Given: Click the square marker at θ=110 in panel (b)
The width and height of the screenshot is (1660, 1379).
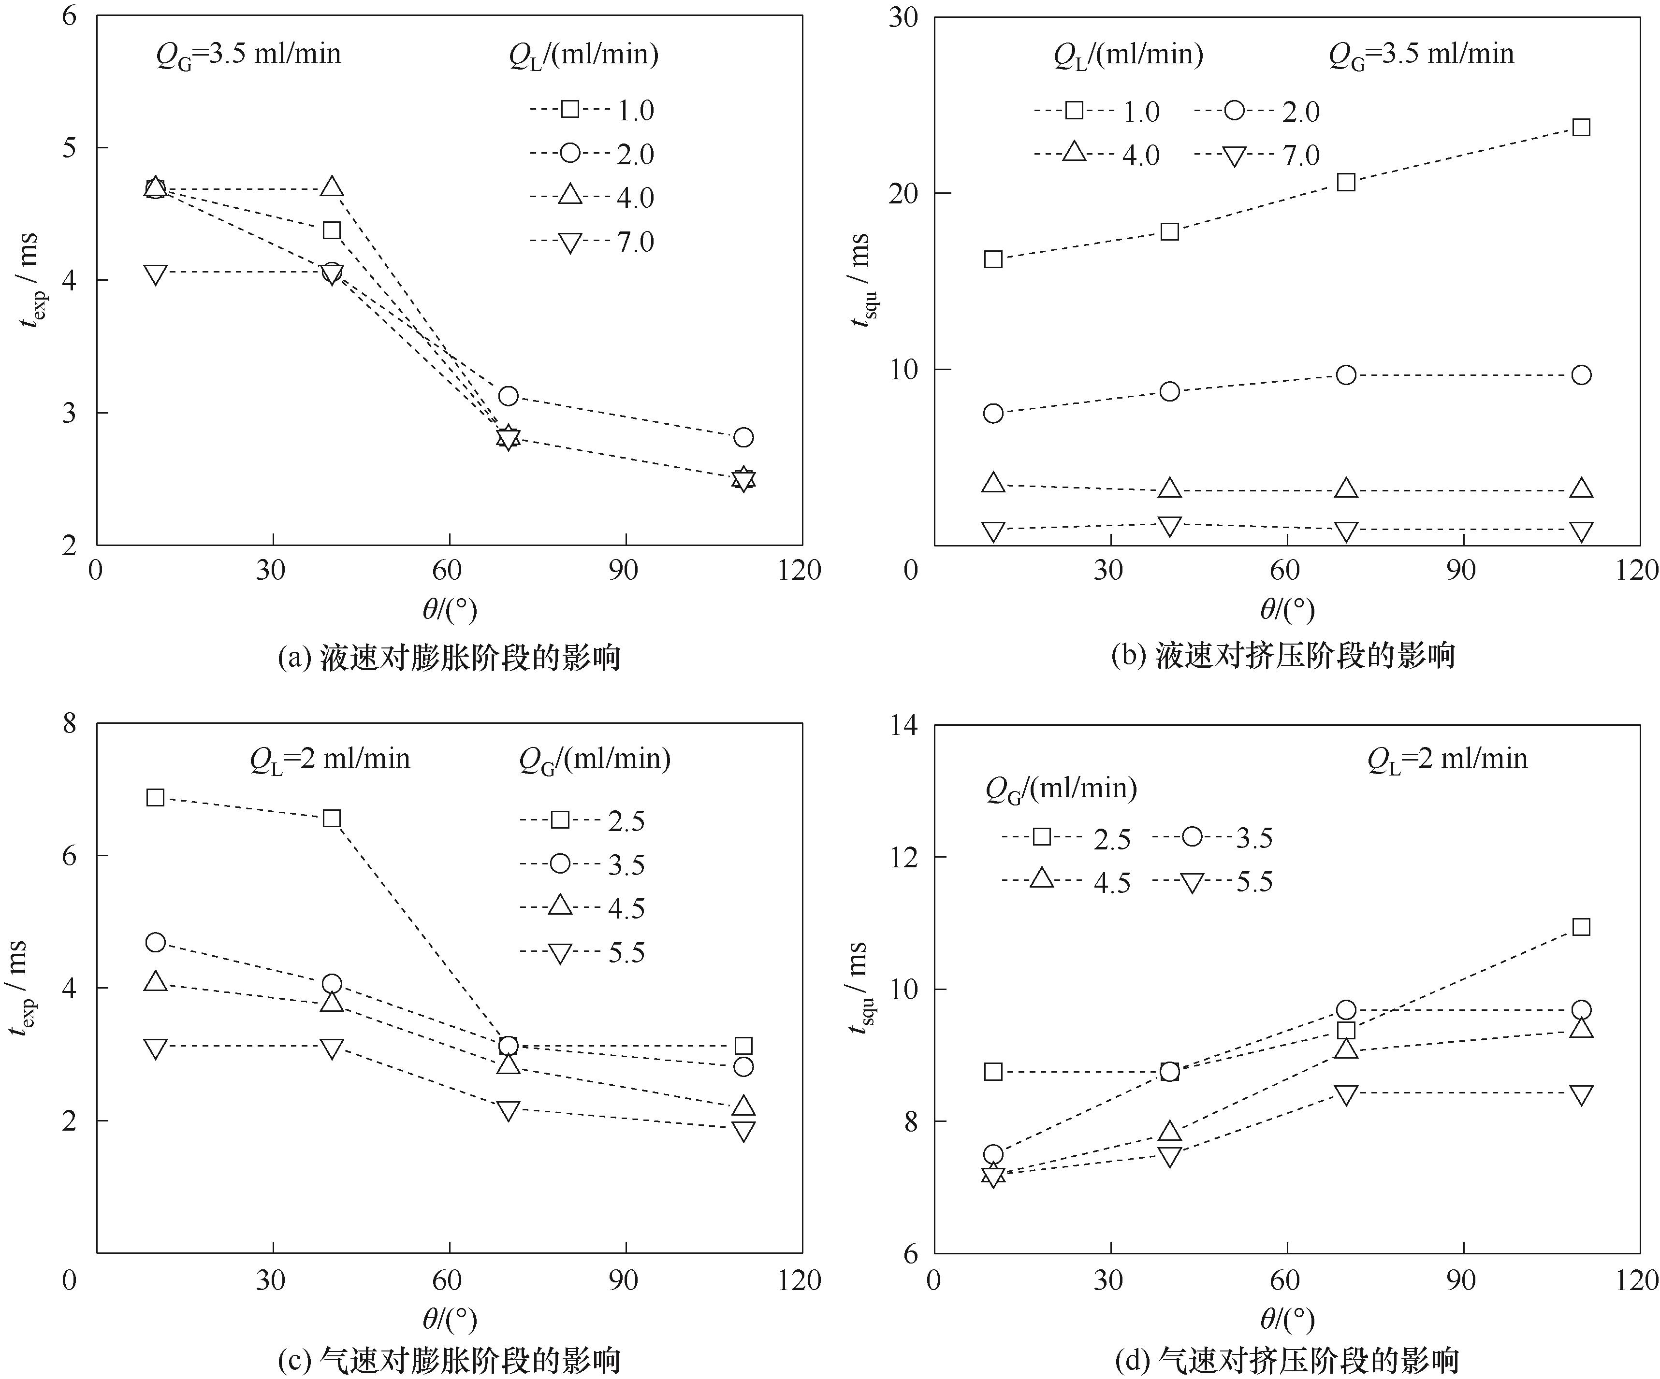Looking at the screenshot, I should (1580, 127).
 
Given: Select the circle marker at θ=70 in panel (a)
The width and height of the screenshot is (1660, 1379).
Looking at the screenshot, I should (508, 395).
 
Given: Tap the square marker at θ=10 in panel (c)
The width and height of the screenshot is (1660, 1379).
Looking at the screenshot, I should (156, 797).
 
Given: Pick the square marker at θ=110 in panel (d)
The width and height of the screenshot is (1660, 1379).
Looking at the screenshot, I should (1580, 926).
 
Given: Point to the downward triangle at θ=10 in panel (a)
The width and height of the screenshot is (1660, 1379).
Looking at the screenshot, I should (156, 275).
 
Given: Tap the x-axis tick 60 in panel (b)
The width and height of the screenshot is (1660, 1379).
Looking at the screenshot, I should (1284, 570).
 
